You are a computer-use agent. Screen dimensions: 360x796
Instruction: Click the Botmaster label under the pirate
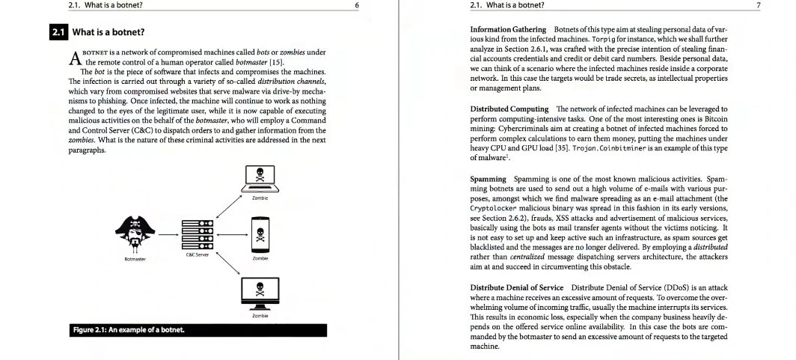135,259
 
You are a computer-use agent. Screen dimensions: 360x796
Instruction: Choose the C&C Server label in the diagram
196,255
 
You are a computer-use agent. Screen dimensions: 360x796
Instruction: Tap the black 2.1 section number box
58,33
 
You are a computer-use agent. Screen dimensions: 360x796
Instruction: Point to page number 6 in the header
357,5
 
